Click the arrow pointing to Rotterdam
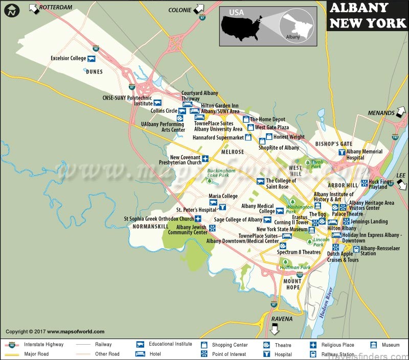tap(34, 8)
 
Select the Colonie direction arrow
tap(199, 9)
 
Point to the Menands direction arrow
tap(402, 112)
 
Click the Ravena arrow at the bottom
tap(275, 329)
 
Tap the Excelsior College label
tap(69, 58)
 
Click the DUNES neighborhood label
tap(94, 72)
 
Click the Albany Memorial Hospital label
tap(364, 155)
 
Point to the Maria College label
tap(223, 196)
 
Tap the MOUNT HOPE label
tap(292, 284)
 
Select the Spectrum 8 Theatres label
tap(299, 252)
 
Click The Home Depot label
tap(267, 119)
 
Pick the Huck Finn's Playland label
tap(381, 184)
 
